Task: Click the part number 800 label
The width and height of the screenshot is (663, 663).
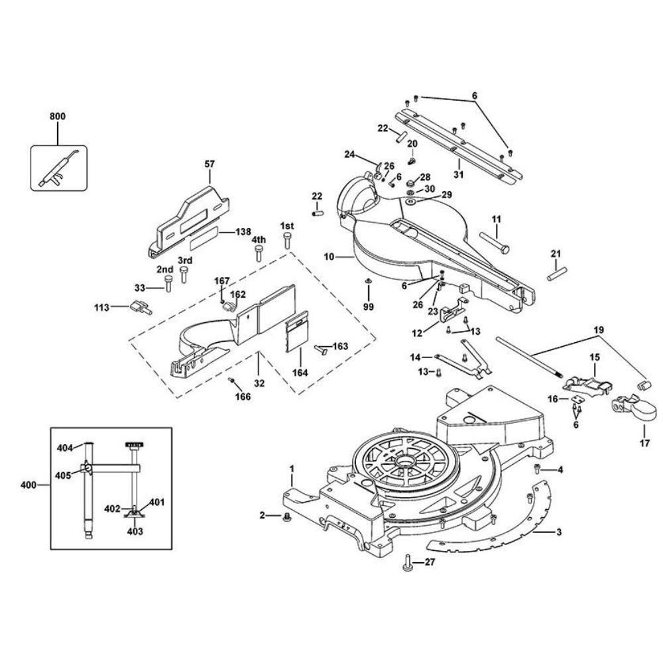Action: [x=58, y=117]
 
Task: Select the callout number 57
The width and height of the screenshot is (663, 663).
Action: [x=210, y=164]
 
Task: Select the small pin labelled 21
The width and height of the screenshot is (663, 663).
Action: [x=556, y=272]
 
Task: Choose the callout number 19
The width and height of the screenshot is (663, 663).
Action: [x=599, y=330]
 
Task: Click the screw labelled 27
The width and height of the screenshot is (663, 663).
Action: [x=407, y=565]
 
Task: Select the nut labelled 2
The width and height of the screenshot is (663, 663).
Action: [x=287, y=516]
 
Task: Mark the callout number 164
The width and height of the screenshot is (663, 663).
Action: [x=300, y=373]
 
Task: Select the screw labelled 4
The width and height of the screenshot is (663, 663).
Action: [x=538, y=470]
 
